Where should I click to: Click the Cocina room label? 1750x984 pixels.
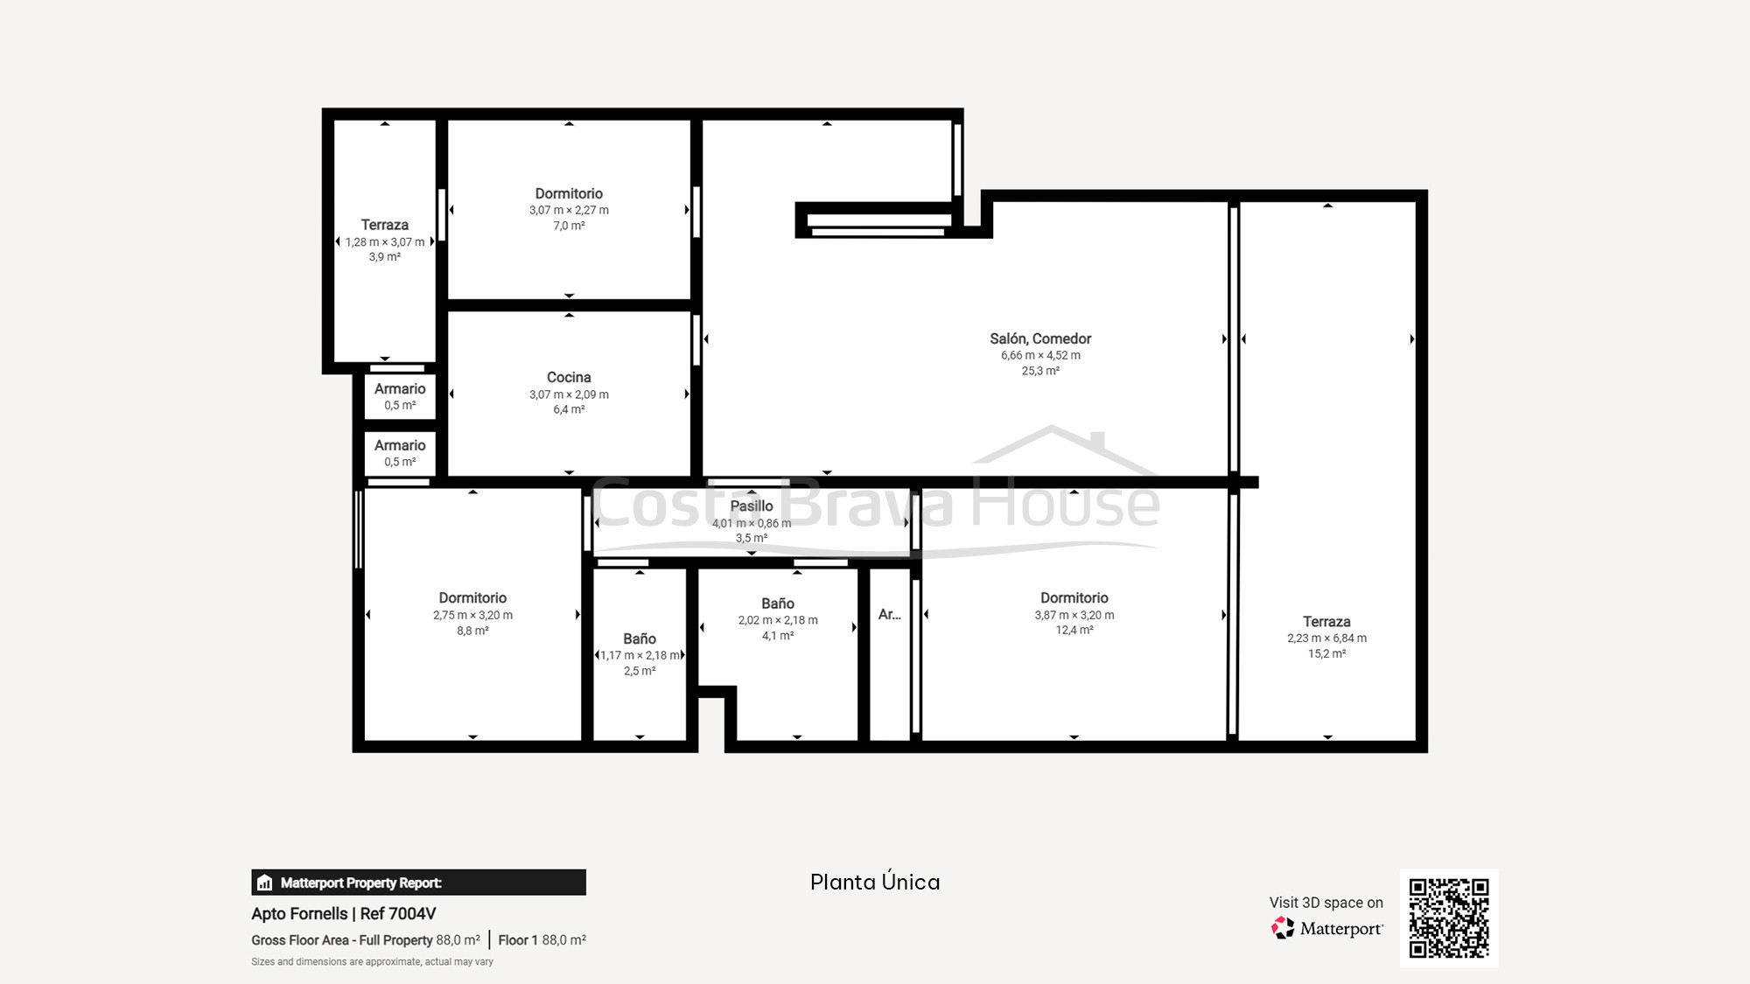[569, 377]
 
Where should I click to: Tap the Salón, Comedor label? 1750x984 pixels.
[1040, 338]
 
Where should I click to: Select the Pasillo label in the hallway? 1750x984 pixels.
[751, 506]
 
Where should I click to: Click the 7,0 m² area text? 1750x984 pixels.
[569, 226]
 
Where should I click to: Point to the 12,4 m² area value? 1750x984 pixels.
[1074, 630]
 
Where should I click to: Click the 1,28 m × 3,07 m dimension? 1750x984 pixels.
[385, 242]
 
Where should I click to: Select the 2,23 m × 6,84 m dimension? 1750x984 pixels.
[1326, 639]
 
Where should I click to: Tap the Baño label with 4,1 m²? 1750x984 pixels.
[777, 604]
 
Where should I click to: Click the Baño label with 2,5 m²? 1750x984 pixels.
[639, 639]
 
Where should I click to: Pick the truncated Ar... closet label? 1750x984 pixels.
[889, 614]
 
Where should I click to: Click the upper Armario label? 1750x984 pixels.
[400, 388]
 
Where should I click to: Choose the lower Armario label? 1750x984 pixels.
[400, 445]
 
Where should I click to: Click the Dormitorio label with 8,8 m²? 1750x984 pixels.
[472, 597]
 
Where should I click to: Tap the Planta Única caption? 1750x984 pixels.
[875, 882]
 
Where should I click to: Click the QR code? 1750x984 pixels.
[1448, 918]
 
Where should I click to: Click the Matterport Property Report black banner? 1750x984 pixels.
[418, 883]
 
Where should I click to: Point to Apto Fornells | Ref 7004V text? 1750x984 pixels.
[343, 913]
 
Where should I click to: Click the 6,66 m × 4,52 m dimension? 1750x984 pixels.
[1040, 355]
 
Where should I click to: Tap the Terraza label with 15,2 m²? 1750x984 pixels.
[1326, 621]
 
